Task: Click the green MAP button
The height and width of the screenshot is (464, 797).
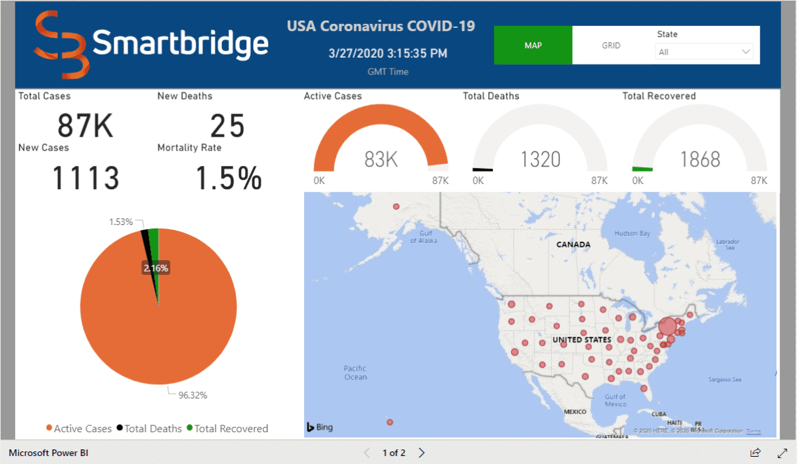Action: (533, 46)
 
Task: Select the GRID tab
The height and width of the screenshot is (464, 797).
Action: (611, 46)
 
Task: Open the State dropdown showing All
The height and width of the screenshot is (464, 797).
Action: (705, 52)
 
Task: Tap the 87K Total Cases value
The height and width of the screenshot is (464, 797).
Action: (85, 125)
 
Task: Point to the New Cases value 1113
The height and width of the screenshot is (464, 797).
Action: (86, 178)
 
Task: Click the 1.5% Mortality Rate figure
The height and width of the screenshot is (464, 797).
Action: (228, 178)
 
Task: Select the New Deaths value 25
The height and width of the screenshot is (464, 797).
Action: (227, 125)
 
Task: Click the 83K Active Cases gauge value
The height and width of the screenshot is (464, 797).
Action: (381, 159)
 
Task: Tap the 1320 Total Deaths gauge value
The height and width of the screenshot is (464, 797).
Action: (540, 159)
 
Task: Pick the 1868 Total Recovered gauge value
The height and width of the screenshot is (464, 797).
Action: (700, 159)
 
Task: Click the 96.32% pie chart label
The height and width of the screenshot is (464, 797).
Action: (193, 395)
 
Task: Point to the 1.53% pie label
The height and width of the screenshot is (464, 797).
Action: (122, 221)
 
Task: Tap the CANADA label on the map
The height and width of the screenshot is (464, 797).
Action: (573, 244)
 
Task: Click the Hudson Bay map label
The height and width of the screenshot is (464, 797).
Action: (632, 234)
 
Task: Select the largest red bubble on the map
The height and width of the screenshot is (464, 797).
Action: (667, 327)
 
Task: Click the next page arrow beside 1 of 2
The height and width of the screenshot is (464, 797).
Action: (422, 453)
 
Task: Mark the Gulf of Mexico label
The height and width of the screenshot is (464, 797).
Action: (615, 400)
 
